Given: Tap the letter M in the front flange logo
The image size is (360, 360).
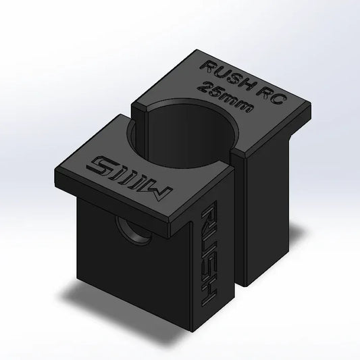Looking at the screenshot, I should pos(161,192).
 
